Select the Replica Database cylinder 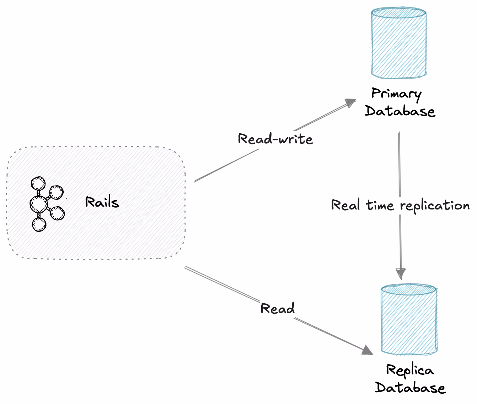click(409, 319)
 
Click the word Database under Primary click(400, 111)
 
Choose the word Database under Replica click(410, 388)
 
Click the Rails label click(102, 202)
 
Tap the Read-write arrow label click(275, 139)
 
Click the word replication click(435, 206)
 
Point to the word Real click(345, 204)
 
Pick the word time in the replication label click(380, 204)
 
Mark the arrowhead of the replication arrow click(401, 274)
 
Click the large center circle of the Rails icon click(39, 204)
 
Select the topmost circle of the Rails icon click(38, 184)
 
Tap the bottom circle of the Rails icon click(39, 224)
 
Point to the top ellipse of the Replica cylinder click(409, 289)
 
